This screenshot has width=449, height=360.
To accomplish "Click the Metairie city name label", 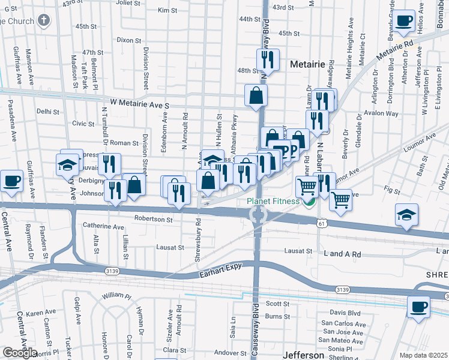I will click(307, 64).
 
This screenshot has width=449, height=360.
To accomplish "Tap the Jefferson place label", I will click(303, 355).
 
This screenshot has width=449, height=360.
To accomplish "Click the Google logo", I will click(19, 353).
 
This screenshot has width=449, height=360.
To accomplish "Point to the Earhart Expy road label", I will click(223, 275).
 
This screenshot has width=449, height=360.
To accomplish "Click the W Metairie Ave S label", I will click(139, 105).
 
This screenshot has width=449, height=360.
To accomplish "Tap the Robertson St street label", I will click(153, 219).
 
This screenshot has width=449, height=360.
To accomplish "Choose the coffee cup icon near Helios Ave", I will click(404, 21).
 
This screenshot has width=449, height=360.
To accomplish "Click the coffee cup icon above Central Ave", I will click(11, 181).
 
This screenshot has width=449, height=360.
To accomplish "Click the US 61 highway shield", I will click(322, 223).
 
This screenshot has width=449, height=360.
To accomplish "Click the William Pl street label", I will click(116, 295).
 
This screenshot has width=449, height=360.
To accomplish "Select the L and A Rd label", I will click(342, 254).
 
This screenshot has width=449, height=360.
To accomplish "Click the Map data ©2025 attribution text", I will click(424, 355).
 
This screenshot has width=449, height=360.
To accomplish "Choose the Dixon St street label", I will click(128, 40).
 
